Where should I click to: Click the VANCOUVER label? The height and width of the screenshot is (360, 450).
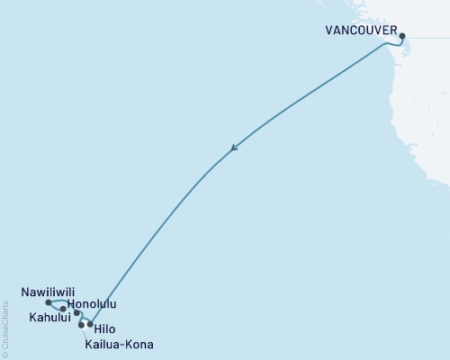pyautogui.click(x=362, y=29)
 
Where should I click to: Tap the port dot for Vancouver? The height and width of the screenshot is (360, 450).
pyautogui.click(x=402, y=36)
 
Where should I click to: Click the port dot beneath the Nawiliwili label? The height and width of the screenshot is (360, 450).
pyautogui.click(x=48, y=303)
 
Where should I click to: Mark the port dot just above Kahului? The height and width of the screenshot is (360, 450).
pyautogui.click(x=62, y=309)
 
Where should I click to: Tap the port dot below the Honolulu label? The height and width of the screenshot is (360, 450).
pyautogui.click(x=76, y=313)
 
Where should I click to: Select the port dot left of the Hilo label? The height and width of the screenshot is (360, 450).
pyautogui.click(x=90, y=324)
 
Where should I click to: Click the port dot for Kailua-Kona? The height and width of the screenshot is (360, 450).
pyautogui.click(x=81, y=325)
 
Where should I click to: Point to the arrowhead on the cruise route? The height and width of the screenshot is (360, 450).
pyautogui.click(x=234, y=148)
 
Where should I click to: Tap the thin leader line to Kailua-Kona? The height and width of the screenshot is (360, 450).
pyautogui.click(x=85, y=333)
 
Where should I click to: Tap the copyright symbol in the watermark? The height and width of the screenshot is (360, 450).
pyautogui.click(x=5, y=353)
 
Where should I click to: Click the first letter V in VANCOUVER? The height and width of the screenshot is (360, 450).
pyautogui.click(x=328, y=29)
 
